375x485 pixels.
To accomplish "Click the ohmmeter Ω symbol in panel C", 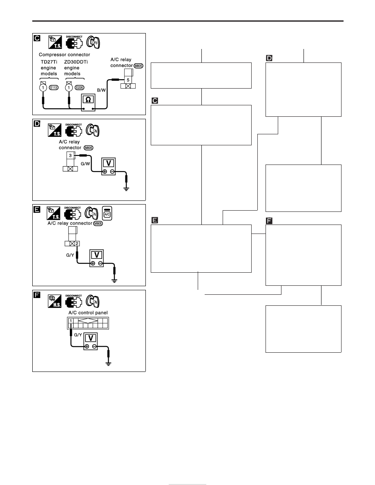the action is click(88, 100).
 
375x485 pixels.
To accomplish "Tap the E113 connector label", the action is click(54, 87).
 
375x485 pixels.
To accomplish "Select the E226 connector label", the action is click(80, 87).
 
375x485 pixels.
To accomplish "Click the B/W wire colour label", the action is click(101, 90).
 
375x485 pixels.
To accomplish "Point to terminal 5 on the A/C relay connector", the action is click(128, 80).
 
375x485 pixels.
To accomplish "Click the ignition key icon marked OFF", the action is click(93, 42).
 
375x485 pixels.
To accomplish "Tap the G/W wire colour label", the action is click(85, 164).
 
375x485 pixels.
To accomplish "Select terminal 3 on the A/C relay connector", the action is click(70, 156).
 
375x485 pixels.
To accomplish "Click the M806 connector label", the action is click(98, 223).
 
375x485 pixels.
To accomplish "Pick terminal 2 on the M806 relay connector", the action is click(77, 243).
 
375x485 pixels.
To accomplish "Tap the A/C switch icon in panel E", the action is click(107, 213).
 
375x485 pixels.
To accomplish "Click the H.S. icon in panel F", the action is click(54, 301).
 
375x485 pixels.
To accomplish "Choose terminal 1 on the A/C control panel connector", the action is click(71, 321).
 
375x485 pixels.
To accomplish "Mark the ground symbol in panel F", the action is click(108, 363).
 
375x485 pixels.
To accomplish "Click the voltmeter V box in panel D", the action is click(109, 166).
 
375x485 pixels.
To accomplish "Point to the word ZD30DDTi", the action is click(76, 62).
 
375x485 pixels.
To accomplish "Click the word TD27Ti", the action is click(49, 62).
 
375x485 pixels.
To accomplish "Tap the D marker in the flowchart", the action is click(269, 58).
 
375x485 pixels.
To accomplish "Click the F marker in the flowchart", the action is click(269, 221).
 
